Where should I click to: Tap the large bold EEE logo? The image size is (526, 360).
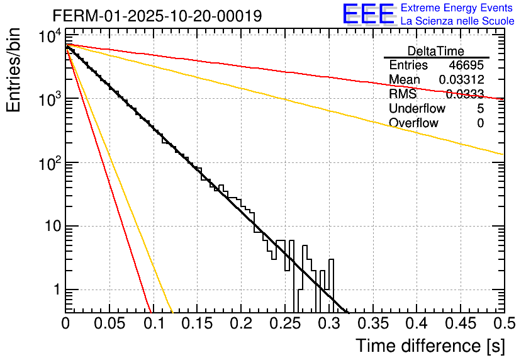368,14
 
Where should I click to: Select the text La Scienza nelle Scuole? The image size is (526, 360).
457,21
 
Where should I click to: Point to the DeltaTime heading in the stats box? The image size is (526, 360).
435,51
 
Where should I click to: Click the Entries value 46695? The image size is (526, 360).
466,65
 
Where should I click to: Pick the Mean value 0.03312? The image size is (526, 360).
461,80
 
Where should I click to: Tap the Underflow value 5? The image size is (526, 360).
480,109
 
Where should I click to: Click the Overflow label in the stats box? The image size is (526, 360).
413,123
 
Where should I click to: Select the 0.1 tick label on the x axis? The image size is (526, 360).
153,324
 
